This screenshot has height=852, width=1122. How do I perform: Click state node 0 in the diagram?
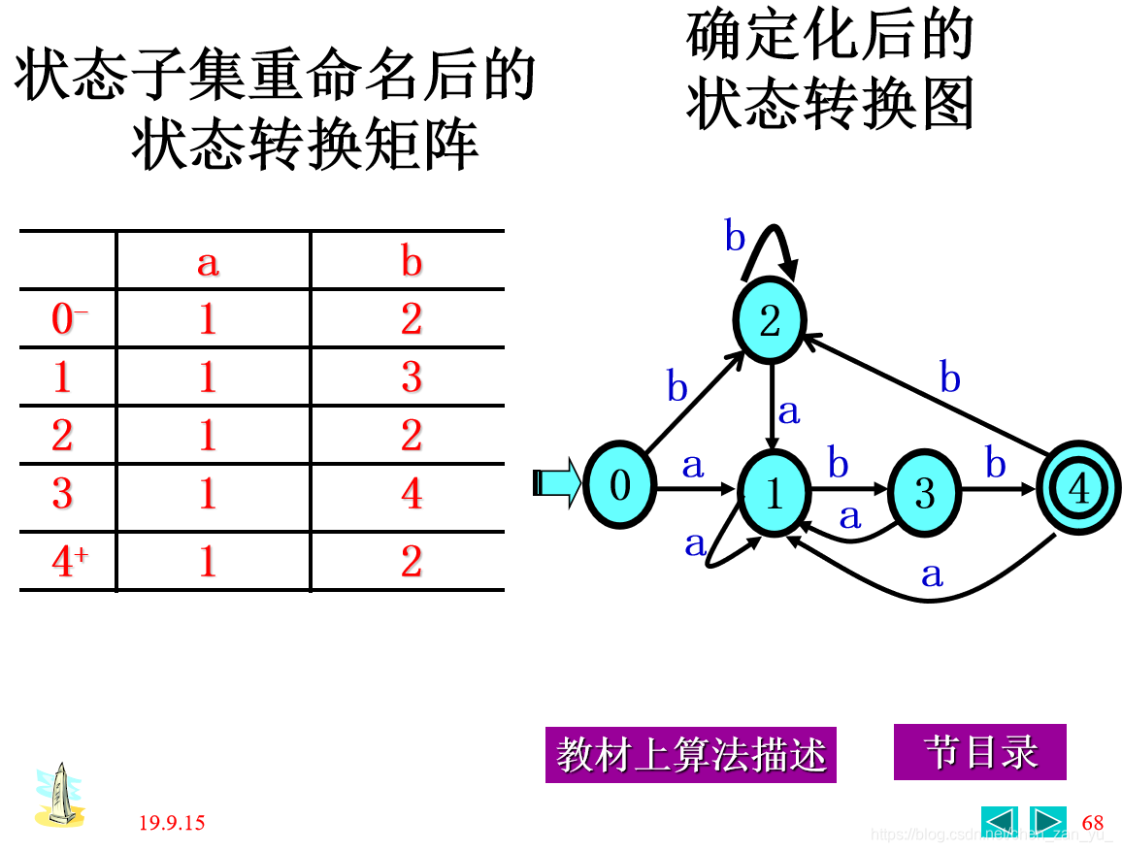click(619, 484)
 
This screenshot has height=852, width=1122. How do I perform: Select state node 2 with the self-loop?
click(770, 321)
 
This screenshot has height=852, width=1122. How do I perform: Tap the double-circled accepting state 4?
click(1077, 489)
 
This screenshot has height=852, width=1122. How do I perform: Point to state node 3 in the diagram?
click(923, 493)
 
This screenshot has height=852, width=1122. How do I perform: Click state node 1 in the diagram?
click(774, 493)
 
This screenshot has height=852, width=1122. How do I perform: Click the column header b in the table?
click(412, 262)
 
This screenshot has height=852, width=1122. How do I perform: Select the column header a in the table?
click(208, 262)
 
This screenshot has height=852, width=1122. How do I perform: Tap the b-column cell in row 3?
click(412, 494)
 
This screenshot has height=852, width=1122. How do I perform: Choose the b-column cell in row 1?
click(412, 377)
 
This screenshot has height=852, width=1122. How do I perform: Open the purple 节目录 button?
click(979, 752)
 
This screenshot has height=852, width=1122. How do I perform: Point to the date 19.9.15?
click(172, 824)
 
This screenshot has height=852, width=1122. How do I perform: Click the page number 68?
click(1093, 824)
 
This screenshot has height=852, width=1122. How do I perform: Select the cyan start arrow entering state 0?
click(558, 482)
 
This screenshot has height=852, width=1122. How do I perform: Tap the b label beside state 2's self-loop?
click(736, 237)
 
